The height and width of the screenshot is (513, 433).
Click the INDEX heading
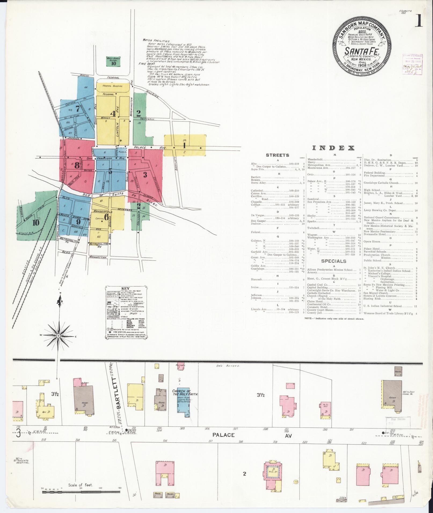333,148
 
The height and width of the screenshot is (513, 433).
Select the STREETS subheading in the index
277,155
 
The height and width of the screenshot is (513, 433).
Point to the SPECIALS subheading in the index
334,261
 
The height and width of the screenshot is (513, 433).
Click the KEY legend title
126,289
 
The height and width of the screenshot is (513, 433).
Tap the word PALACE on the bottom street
224,435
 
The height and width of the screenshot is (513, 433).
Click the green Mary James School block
114,62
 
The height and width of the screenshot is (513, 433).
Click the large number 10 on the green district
36,223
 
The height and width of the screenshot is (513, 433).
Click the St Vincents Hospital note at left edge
23,461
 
